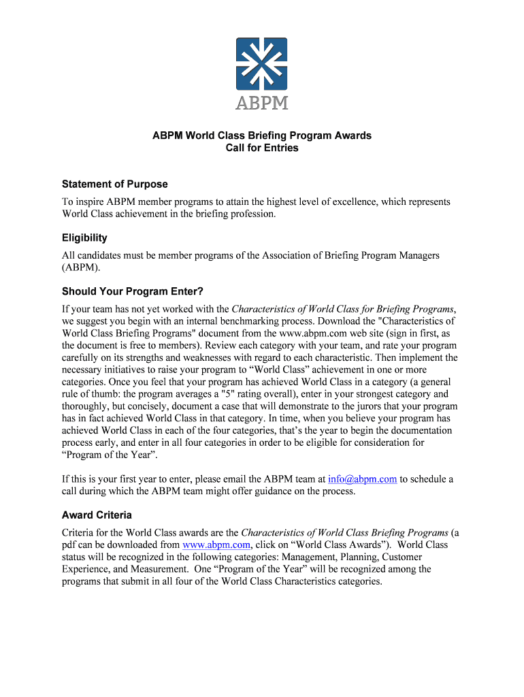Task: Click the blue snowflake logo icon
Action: tap(262, 64)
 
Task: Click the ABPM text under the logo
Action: tap(262, 103)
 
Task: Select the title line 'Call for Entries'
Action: tap(262, 148)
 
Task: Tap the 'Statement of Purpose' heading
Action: tap(114, 184)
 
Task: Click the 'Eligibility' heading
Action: tap(84, 238)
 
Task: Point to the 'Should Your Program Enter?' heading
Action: tap(133, 291)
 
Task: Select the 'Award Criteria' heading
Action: tap(97, 515)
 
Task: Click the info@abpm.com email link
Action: tap(362, 479)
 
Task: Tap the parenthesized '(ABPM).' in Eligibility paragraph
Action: tap(81, 268)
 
